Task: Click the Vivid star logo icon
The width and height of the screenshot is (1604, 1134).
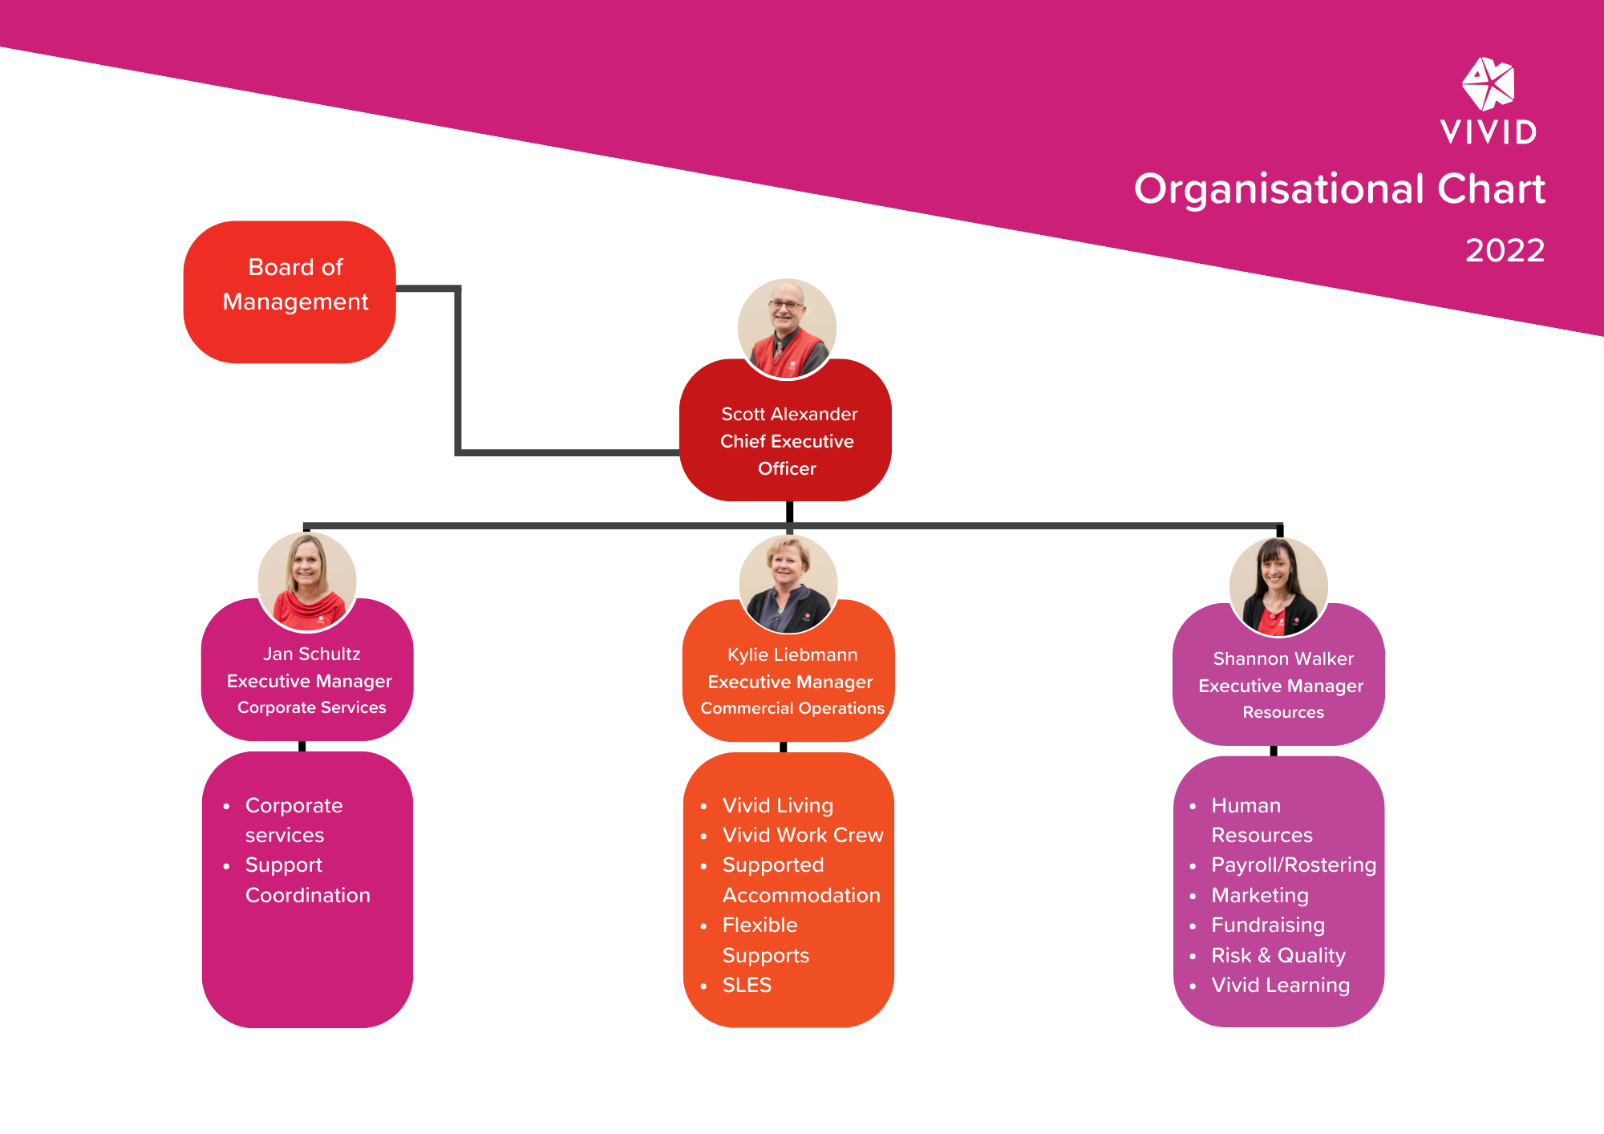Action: pos(1488,83)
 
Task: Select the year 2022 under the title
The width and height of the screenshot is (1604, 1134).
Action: pos(1505,250)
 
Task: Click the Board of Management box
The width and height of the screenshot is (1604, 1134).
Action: pos(290,291)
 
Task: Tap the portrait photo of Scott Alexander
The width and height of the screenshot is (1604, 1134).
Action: pos(787,328)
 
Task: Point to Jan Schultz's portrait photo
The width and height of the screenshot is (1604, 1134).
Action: pos(307,581)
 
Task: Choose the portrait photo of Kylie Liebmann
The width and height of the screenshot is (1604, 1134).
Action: pos(788,583)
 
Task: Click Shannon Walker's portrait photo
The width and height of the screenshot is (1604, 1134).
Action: pos(1278,586)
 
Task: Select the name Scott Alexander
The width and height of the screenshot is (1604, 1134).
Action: pos(789,414)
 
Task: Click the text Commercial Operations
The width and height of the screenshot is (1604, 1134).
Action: pos(792,708)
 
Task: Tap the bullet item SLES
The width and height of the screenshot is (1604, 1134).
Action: pos(747,985)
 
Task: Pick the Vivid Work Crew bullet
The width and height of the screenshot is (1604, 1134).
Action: pos(802,835)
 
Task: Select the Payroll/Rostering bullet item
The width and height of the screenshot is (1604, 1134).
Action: pos(1293,865)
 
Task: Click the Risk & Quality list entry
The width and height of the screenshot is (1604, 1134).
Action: pos(1278,955)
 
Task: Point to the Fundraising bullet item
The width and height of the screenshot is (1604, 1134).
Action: pos(1267,925)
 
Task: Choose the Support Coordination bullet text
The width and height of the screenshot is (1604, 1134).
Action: pos(307,880)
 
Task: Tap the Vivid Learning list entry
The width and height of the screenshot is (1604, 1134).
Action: pos(1280,985)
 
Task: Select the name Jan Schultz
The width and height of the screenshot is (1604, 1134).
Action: pos(311,654)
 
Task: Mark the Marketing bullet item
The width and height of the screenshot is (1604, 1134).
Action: pos(1259,895)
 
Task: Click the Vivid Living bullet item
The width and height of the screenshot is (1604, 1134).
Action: pos(777,805)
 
